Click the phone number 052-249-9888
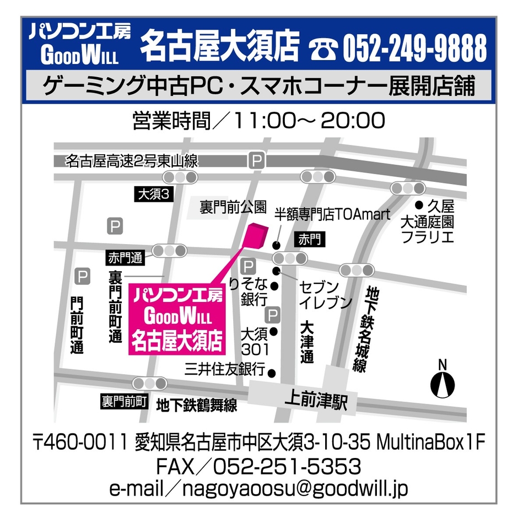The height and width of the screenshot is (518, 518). (x=414, y=48)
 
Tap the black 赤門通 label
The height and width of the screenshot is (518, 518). (x=126, y=257)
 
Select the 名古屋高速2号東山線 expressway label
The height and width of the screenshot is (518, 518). (x=131, y=161)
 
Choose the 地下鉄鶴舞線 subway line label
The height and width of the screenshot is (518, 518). (x=197, y=406)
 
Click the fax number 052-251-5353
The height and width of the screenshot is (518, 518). (x=287, y=466)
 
